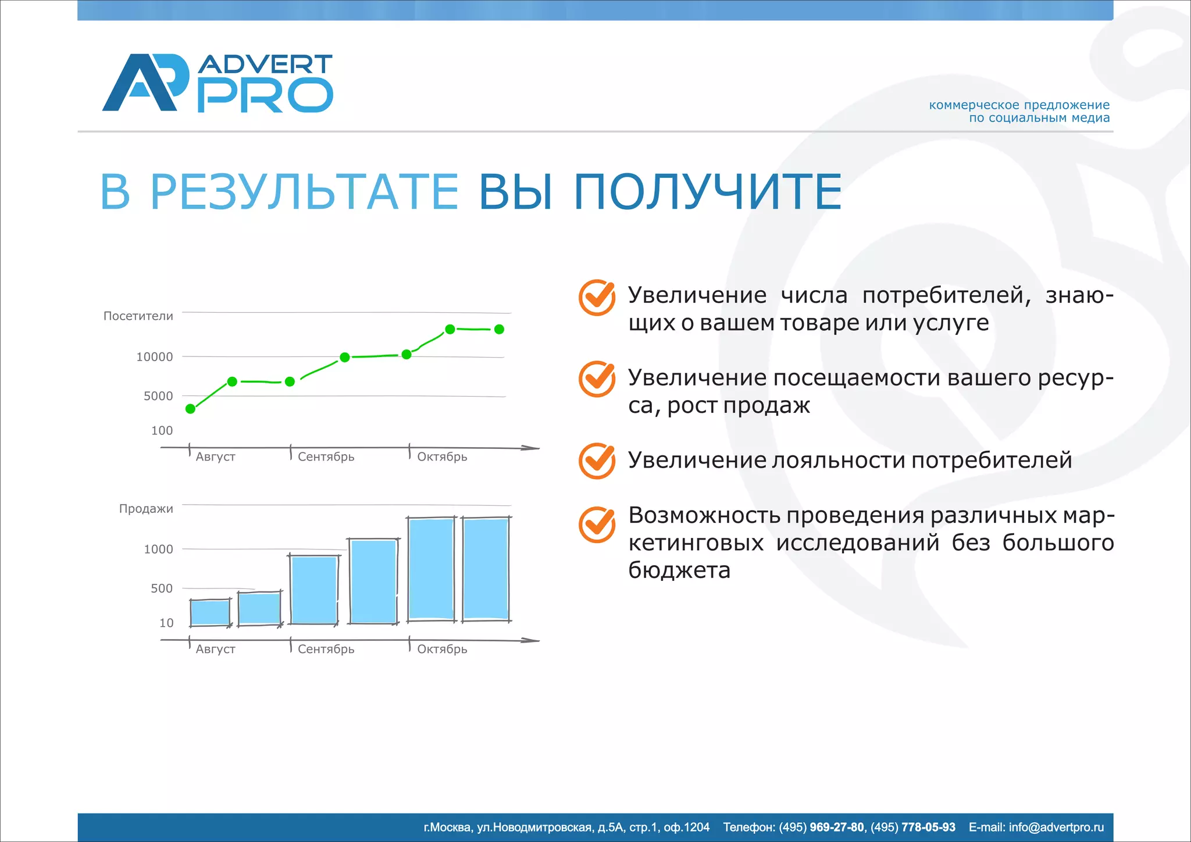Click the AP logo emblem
pyautogui.click(x=145, y=83)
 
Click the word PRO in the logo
pyautogui.click(x=265, y=96)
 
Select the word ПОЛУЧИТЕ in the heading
pyautogui.click(x=707, y=191)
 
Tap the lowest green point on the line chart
pyautogui.click(x=190, y=409)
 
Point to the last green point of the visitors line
pyautogui.click(x=499, y=329)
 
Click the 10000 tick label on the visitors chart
pyautogui.click(x=154, y=357)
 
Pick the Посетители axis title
pyautogui.click(x=138, y=316)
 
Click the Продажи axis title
pyautogui.click(x=146, y=508)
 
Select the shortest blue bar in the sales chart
pyautogui.click(x=210, y=612)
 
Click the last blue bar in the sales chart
pyautogui.click(x=486, y=569)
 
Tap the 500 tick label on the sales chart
pyautogui.click(x=162, y=588)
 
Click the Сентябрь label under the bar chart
pyautogui.click(x=326, y=649)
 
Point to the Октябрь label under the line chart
pyautogui.click(x=442, y=456)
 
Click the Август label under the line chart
pyautogui.click(x=215, y=456)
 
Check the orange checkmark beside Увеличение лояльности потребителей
pyautogui.click(x=597, y=461)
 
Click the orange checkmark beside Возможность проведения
pyautogui.click(x=597, y=524)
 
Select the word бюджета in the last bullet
pyautogui.click(x=679, y=570)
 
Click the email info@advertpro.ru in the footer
pyautogui.click(x=1056, y=827)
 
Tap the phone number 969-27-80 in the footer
pyautogui.click(x=836, y=827)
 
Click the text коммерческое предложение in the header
pyautogui.click(x=1019, y=105)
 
